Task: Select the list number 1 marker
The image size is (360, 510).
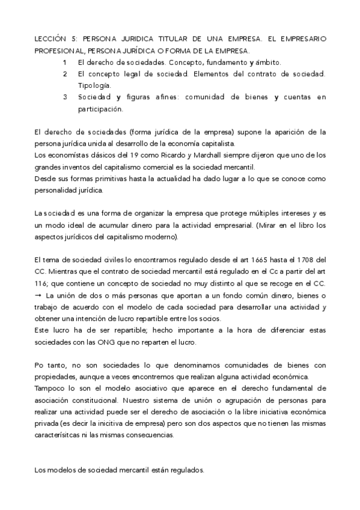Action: [x=64, y=62]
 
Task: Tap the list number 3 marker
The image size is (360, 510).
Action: [x=64, y=97]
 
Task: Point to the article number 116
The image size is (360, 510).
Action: [x=42, y=283]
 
